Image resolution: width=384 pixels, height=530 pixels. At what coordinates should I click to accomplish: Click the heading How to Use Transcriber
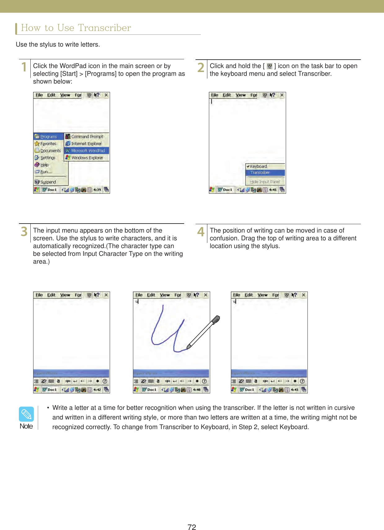click(76, 28)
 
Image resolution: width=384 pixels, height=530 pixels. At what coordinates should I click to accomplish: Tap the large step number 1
click(24, 67)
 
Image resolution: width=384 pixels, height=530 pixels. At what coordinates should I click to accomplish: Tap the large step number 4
click(201, 232)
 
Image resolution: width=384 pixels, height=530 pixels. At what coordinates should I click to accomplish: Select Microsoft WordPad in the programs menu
click(88, 151)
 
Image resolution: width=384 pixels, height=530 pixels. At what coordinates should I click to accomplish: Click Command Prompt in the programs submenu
click(87, 137)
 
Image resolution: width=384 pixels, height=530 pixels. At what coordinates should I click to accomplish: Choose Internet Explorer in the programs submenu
click(86, 144)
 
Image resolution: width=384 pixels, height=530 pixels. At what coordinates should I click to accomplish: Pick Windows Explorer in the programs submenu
click(87, 158)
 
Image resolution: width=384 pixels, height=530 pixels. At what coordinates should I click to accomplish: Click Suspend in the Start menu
click(48, 182)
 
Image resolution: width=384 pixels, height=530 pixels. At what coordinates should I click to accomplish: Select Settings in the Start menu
click(48, 158)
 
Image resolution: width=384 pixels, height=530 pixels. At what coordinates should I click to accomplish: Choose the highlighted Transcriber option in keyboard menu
click(260, 173)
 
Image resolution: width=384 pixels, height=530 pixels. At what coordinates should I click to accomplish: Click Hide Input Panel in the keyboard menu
click(265, 182)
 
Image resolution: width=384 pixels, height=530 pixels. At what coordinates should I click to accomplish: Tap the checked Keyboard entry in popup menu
click(258, 166)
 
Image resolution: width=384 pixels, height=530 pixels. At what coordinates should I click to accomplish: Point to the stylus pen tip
click(188, 347)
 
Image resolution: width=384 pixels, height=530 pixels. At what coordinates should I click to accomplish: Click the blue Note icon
click(26, 414)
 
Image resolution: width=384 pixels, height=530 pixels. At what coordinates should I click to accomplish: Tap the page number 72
click(192, 527)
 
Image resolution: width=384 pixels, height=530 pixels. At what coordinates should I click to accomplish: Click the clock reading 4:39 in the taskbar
click(97, 190)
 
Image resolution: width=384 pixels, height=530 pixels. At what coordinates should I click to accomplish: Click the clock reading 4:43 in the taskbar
click(294, 390)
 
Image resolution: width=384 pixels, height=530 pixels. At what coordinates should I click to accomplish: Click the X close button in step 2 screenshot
click(282, 95)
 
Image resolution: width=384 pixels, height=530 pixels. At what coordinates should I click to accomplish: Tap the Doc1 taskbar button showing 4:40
click(150, 390)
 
